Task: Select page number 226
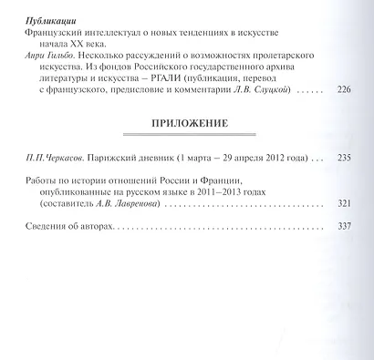(x=342, y=90)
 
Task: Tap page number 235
(x=342, y=158)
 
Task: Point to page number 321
(x=342, y=203)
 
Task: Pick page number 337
(x=342, y=225)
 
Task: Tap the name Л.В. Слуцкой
(x=275, y=90)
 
